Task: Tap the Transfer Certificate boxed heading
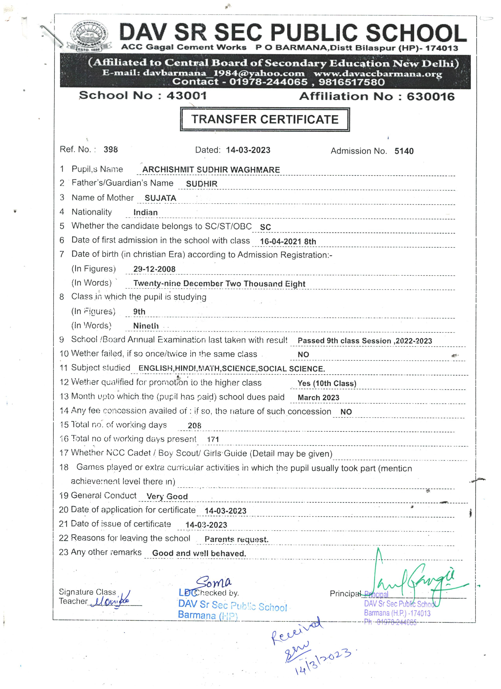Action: (265, 119)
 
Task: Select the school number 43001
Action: (186, 96)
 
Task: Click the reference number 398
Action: (111, 149)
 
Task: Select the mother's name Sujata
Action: (160, 198)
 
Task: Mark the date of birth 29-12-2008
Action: (154, 269)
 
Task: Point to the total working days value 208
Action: (195, 426)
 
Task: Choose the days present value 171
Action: (213, 439)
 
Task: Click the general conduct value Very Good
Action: (167, 496)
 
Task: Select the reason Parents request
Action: (236, 540)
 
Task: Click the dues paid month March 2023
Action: (318, 398)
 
